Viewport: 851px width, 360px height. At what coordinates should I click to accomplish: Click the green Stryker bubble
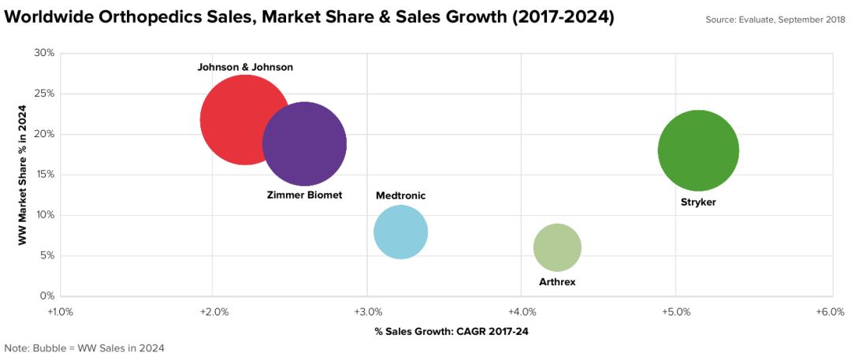click(698, 150)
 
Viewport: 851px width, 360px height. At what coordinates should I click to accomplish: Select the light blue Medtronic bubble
click(400, 232)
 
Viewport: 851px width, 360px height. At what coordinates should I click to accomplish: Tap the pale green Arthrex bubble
click(557, 248)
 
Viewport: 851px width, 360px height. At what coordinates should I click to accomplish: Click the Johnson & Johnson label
click(245, 68)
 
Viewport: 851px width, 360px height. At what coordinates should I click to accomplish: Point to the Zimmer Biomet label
click(305, 195)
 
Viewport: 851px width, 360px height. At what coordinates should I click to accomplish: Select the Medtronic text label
click(401, 195)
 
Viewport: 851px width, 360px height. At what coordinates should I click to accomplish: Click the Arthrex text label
click(557, 281)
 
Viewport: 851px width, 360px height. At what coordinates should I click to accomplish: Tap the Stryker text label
click(698, 202)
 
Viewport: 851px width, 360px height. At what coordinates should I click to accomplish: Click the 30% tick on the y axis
click(44, 53)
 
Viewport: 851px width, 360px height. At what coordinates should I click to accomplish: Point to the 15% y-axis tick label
click(44, 175)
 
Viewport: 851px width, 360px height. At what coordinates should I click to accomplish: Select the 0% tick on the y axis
click(46, 296)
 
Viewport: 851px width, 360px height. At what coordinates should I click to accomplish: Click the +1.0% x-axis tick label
click(60, 312)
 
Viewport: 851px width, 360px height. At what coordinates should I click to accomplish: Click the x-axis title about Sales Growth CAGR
click(452, 332)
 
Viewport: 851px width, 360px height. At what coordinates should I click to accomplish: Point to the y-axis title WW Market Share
click(24, 174)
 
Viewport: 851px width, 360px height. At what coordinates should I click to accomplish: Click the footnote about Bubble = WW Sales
click(84, 347)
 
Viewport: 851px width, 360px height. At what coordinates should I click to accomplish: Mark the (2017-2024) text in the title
click(552, 17)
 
